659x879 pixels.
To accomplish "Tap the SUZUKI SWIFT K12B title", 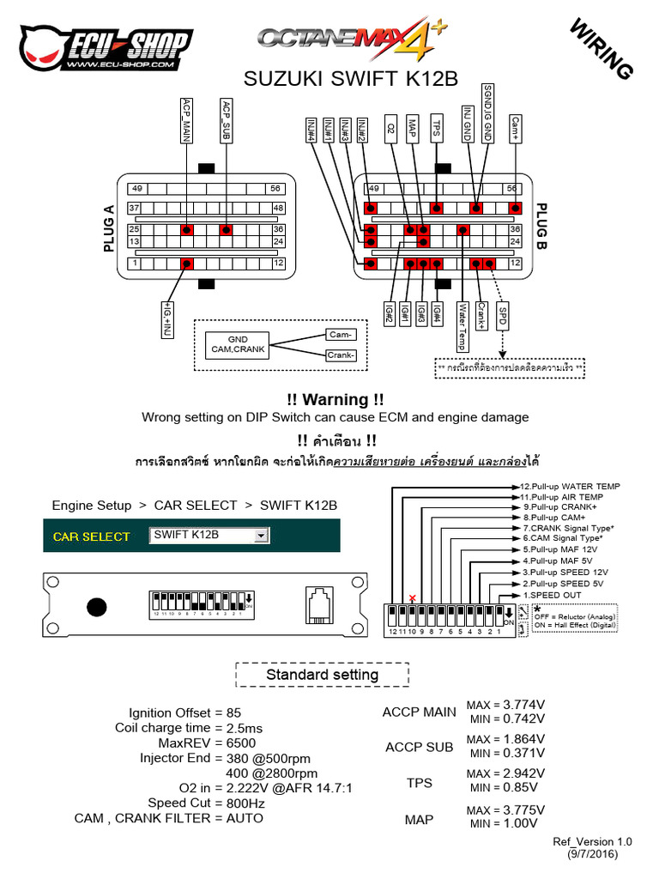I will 352,79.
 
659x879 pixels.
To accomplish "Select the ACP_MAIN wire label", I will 186,120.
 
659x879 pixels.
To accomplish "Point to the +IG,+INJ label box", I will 167,318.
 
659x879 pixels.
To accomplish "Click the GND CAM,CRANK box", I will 237,345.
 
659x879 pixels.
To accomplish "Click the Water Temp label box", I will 462,325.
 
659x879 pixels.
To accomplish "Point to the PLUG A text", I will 109,229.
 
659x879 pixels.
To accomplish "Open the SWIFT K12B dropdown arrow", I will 261,536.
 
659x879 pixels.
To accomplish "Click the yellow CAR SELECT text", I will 92,536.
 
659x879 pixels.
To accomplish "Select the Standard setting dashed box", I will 322,675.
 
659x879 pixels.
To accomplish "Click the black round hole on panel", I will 97,607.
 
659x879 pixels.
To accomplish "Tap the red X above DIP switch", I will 413,597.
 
